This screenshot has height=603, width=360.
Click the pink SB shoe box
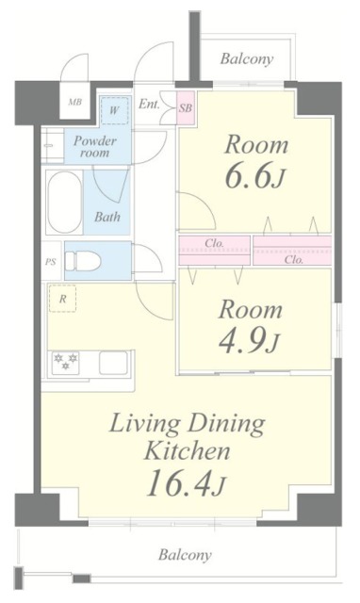click(x=186, y=107)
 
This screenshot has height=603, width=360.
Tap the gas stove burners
click(x=66, y=362)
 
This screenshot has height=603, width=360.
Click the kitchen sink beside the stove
click(x=114, y=362)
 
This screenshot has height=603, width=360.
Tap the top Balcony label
click(x=247, y=59)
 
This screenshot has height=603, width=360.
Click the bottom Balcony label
click(x=184, y=555)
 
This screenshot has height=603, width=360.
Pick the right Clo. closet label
click(x=293, y=259)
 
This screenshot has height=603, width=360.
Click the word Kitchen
click(x=186, y=451)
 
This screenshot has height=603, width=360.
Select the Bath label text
click(x=106, y=216)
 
